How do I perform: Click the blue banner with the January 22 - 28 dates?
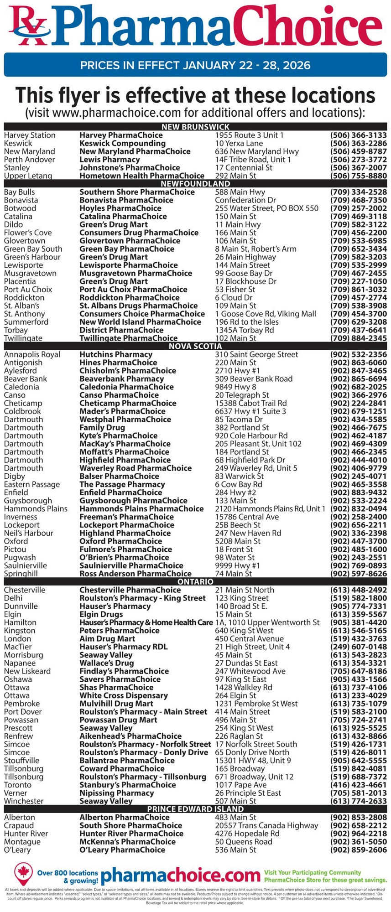coord(195,65)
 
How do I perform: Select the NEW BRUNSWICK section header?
coord(195,127)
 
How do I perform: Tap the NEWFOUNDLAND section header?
coord(195,184)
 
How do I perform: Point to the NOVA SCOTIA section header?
coord(195,346)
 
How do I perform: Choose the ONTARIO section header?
coord(195,582)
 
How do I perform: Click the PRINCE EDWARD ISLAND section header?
coord(195,809)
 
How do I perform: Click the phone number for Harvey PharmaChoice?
coord(358,135)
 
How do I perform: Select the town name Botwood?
coord(20,208)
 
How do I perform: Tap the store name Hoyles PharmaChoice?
coord(120,208)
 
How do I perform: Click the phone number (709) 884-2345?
coord(358,338)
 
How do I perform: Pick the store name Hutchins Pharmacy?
coord(116,354)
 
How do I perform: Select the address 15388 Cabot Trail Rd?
coord(251,403)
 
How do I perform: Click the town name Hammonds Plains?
coord(36,509)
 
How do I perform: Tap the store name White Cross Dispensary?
coord(124,695)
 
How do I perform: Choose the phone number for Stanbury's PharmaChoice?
coord(358,785)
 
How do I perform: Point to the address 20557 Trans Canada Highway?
coord(266,825)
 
